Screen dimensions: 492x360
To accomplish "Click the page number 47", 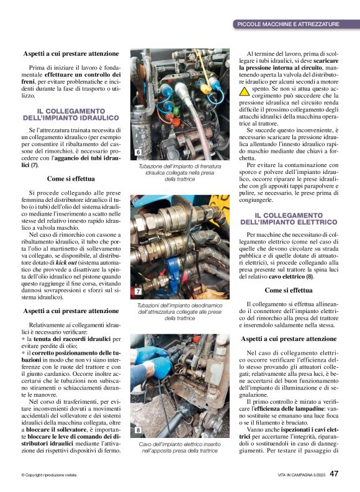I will (x=333, y=475).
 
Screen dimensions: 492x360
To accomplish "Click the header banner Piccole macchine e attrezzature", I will (x=289, y=24).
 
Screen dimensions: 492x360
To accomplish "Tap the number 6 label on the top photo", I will (x=138, y=153).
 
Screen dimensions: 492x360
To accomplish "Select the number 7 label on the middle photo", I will (x=138, y=291).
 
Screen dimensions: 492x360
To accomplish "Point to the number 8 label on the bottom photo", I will (x=138, y=430).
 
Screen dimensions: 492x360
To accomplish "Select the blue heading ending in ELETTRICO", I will (x=288, y=218).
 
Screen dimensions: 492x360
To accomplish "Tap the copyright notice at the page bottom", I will (x=49, y=475).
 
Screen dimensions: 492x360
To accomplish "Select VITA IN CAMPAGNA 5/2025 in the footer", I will (x=301, y=475).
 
